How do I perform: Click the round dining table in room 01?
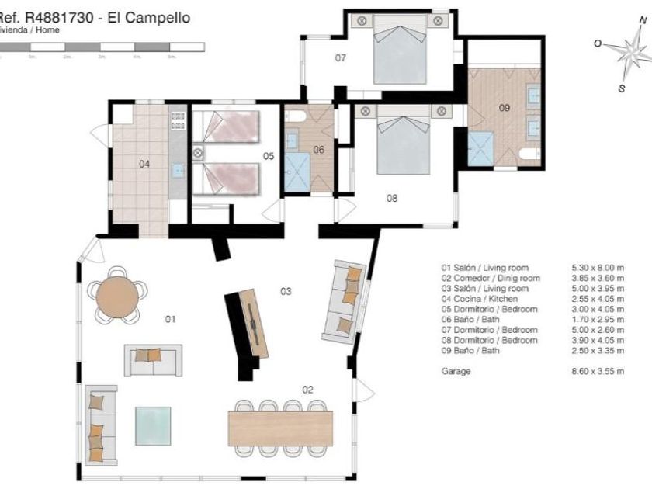pos(116,294)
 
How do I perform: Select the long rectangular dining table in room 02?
pos(280,428)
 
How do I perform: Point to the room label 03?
pos(286,291)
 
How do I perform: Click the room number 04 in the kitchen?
pos(144,164)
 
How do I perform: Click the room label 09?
pos(505,108)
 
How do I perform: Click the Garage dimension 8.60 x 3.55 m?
pos(598,372)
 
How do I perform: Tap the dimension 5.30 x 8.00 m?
pos(598,268)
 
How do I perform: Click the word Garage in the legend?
pos(456,372)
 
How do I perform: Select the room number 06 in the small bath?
pos(319,150)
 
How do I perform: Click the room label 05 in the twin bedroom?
pos(269,156)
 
